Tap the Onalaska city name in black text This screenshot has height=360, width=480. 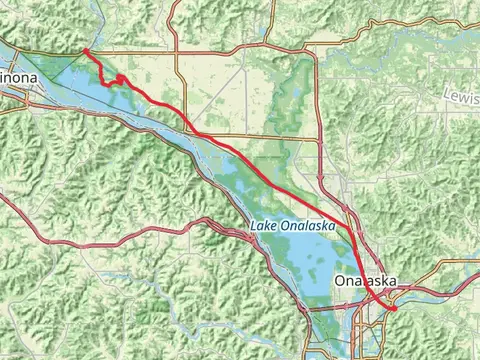click(x=367, y=281)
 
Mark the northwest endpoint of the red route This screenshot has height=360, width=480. click(x=85, y=50)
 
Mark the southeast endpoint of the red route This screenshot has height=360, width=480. click(x=393, y=309)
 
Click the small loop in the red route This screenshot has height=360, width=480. click(x=119, y=78)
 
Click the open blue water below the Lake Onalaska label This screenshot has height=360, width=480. click(x=300, y=260)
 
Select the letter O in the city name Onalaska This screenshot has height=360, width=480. click(x=342, y=281)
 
